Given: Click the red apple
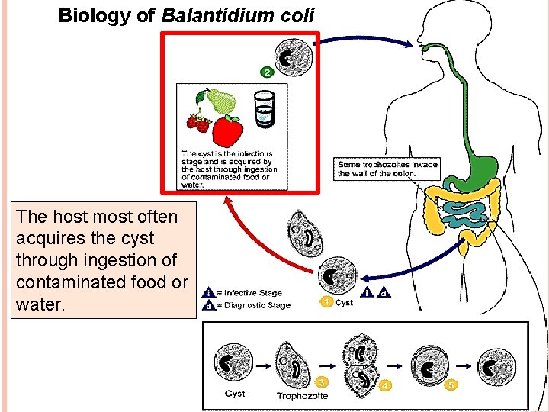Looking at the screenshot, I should (227, 131).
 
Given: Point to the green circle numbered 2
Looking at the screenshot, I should (266, 72).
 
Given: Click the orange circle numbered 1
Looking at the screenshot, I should (326, 302).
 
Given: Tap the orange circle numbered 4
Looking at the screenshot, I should (386, 385).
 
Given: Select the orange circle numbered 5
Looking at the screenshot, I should (451, 385).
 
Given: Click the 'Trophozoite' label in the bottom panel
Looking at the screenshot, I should (302, 396).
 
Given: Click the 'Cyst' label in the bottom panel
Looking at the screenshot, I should (235, 394).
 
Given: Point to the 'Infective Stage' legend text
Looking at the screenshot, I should (252, 293).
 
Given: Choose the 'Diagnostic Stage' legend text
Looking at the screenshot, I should (256, 305).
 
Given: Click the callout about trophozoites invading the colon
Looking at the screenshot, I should (387, 169).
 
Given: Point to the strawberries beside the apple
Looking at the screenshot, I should (198, 122).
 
